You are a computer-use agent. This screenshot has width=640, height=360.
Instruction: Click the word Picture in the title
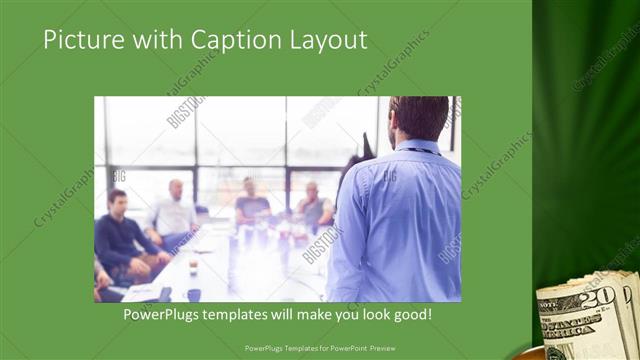pos(80,40)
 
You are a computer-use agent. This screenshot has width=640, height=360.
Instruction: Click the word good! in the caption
pos(411,314)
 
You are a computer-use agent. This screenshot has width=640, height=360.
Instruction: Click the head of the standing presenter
pos(419,118)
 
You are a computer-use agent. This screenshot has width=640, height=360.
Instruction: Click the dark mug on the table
pos(193,293)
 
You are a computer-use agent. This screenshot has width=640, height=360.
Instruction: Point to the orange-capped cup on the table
pos(193,264)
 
